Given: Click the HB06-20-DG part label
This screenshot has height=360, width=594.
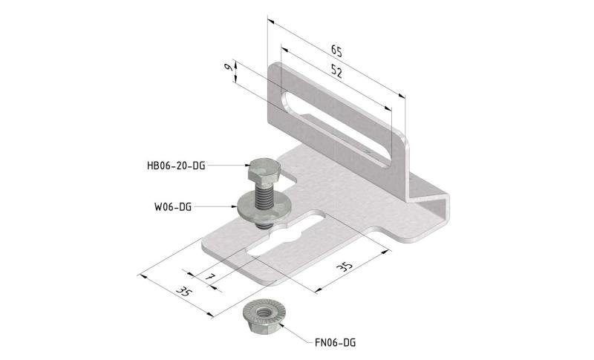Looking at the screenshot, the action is click(176, 166).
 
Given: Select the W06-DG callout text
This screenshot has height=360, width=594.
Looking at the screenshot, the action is click(173, 207).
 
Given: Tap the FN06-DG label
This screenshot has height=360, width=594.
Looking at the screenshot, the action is click(336, 343).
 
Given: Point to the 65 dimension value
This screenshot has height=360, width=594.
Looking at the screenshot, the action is click(336, 51).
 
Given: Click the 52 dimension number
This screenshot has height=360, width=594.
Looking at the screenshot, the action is click(336, 71).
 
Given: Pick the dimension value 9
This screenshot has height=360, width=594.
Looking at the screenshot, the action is click(229, 68).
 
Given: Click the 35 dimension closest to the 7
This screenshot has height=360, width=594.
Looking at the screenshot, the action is click(184, 292).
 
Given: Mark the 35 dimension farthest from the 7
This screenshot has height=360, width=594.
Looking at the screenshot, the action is click(345, 266).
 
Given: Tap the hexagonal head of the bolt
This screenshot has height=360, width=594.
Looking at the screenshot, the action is click(264, 171).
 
